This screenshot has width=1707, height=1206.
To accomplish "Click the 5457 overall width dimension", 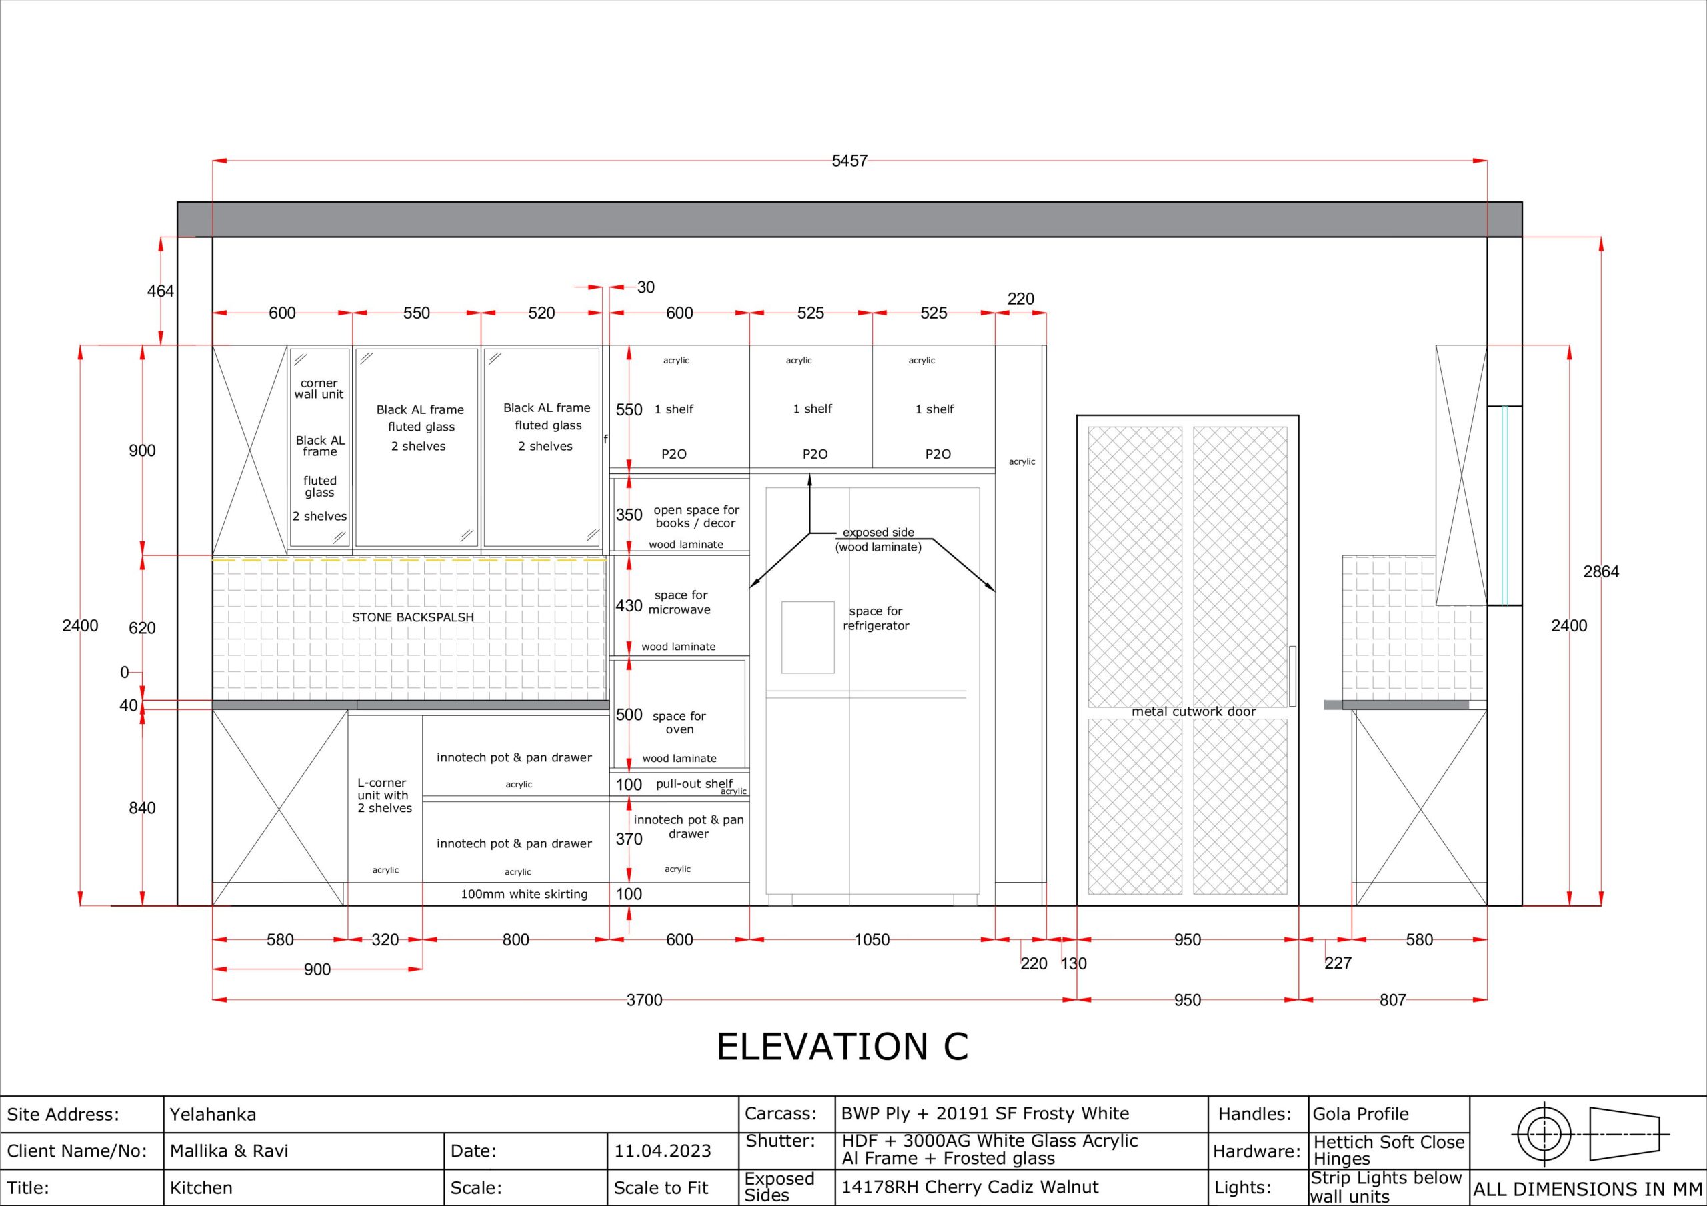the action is click(x=849, y=161).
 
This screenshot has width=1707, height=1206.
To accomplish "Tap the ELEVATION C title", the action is click(x=842, y=1046).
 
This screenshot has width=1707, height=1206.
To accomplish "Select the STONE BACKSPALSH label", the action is click(x=413, y=617).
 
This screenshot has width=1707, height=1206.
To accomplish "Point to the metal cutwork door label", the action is click(x=1194, y=711).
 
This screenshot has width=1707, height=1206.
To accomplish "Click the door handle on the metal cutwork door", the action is click(x=1293, y=676).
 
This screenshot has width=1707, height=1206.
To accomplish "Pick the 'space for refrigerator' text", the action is click(x=876, y=618).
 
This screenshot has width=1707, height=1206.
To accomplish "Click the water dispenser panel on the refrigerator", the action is click(x=807, y=637).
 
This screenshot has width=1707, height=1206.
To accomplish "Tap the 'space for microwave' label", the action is click(x=680, y=602).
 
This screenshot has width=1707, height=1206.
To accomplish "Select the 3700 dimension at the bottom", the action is click(x=644, y=1000).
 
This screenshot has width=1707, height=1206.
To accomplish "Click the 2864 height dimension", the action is click(x=1601, y=572).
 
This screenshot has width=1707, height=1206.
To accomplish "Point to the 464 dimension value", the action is click(x=160, y=291).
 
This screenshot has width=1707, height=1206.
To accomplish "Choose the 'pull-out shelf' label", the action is click(x=694, y=784).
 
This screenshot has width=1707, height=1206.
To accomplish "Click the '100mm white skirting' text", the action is click(x=524, y=894).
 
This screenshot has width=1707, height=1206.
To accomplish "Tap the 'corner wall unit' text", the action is click(x=319, y=388).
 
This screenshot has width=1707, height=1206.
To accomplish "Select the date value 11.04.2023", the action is click(x=662, y=1151).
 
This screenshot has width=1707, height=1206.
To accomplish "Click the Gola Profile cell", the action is click(x=1360, y=1114).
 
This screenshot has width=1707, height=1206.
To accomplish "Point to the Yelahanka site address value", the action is click(x=213, y=1115).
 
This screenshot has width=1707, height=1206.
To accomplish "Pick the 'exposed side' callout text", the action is click(x=878, y=533).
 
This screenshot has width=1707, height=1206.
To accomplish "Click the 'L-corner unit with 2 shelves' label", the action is click(x=384, y=795).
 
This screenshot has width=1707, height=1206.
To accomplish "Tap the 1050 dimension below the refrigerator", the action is click(x=872, y=940).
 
